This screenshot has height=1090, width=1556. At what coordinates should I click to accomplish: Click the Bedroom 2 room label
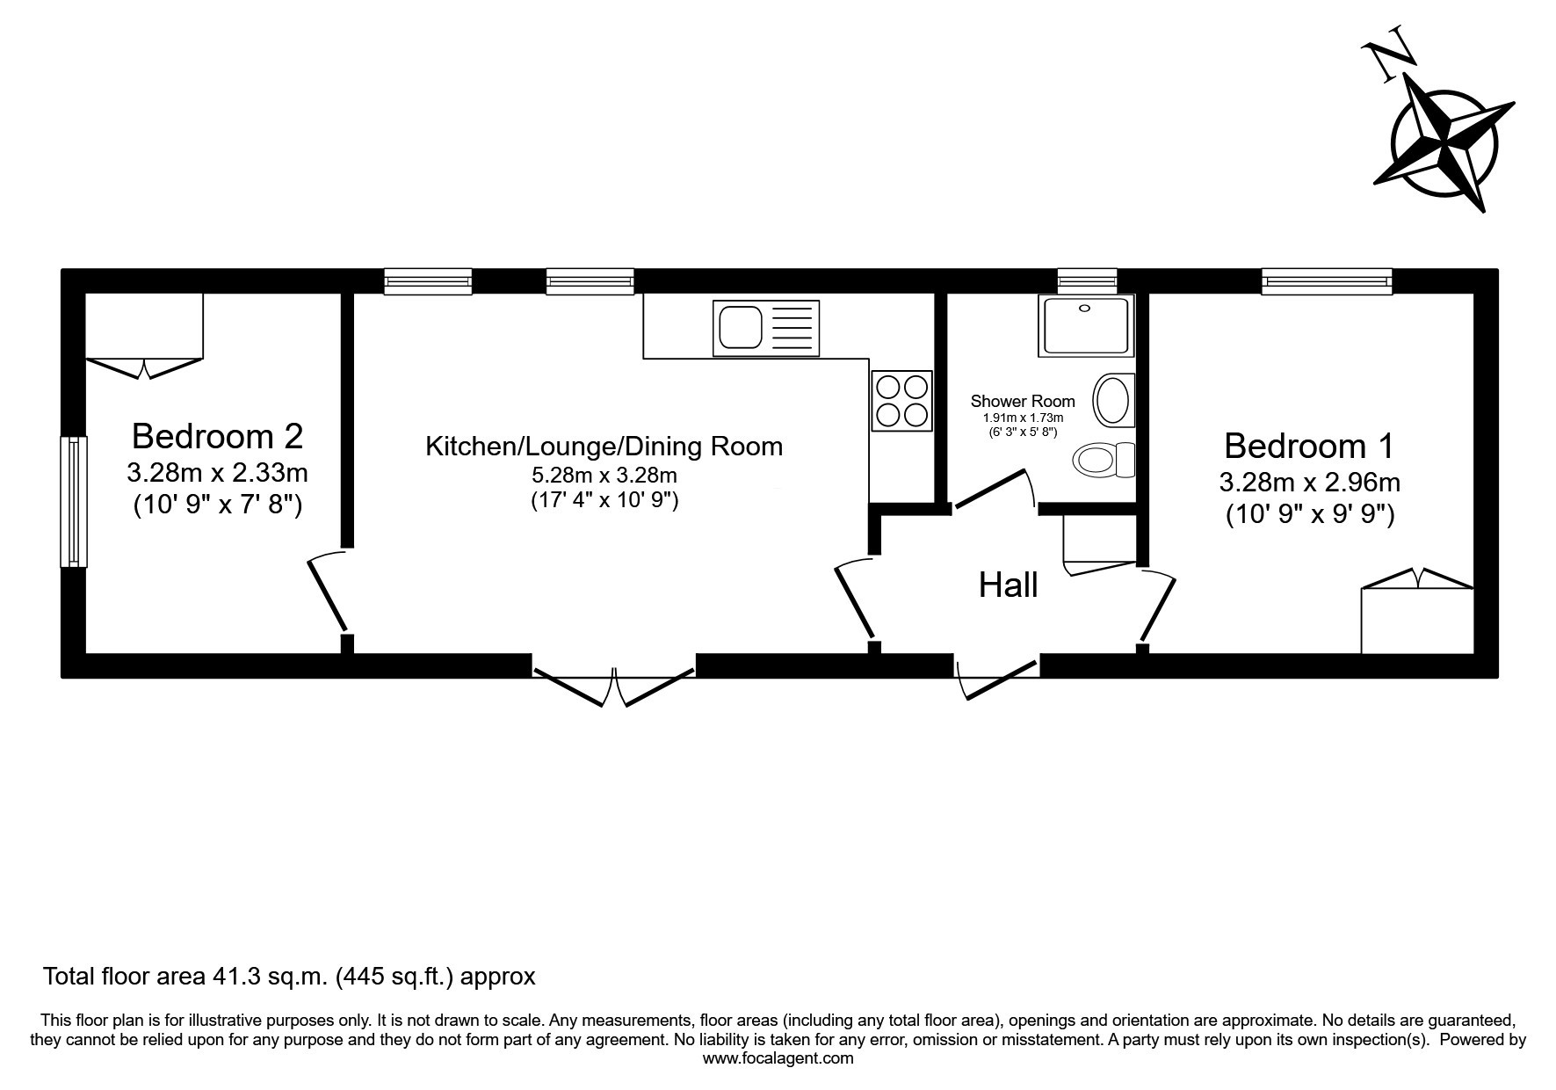point(217,436)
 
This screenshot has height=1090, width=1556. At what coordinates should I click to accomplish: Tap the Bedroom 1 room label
point(1309,447)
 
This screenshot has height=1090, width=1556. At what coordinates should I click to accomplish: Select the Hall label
point(1009,585)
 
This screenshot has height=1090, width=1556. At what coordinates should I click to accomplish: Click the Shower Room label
point(1023,402)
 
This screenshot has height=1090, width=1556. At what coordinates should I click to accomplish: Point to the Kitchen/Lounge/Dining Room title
point(604,447)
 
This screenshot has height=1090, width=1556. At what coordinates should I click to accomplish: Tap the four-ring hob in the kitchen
point(902,401)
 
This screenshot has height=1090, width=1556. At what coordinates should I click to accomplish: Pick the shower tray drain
point(1085,309)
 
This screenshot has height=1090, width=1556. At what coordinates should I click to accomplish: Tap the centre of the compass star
point(1445,139)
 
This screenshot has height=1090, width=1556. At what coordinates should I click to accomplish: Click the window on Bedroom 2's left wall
point(74,502)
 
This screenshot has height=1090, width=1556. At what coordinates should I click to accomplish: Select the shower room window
point(1088,281)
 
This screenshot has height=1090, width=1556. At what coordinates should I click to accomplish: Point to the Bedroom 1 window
point(1328,281)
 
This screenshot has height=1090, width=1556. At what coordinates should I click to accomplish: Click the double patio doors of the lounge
point(614,686)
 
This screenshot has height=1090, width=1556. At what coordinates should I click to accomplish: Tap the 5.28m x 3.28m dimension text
point(604,476)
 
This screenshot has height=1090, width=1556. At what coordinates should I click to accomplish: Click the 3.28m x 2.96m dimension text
point(1309,483)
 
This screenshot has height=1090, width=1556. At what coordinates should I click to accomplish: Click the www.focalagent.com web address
point(778,1058)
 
